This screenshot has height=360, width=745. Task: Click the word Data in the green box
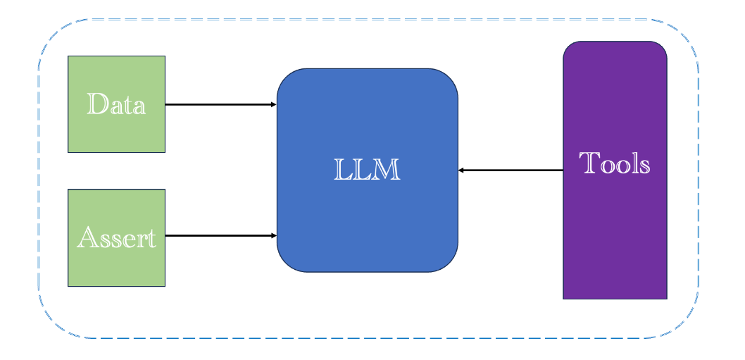point(116,104)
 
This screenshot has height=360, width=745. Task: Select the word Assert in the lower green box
point(116,238)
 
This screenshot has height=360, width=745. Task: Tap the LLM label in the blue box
point(368,170)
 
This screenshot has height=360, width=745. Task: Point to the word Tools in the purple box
point(615,163)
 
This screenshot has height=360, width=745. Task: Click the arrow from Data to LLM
point(221,104)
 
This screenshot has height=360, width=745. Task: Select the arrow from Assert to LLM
point(221,235)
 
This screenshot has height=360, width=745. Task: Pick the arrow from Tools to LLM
point(511,170)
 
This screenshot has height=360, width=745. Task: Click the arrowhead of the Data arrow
point(274,104)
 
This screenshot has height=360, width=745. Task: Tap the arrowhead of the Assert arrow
point(274,235)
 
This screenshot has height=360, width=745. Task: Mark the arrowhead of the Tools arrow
point(461,170)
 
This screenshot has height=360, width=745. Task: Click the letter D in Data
point(97,104)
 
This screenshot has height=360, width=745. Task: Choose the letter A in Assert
point(87,237)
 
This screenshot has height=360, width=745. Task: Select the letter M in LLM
point(388,170)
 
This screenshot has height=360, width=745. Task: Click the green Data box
point(116,104)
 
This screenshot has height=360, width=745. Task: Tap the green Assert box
point(116,238)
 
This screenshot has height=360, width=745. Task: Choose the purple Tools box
point(615,170)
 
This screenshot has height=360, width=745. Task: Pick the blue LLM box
point(368,170)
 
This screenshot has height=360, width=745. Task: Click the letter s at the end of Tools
point(645,166)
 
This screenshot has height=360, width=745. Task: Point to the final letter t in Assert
point(151,239)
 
